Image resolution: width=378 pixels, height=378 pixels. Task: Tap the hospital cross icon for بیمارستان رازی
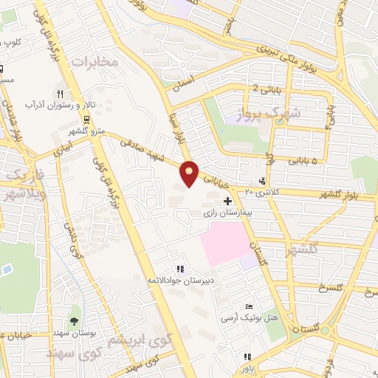227,201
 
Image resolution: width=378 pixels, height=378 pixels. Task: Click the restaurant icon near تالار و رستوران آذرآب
61,94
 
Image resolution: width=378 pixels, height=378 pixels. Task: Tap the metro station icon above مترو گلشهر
88,119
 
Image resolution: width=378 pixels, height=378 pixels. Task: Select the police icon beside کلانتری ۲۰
264,181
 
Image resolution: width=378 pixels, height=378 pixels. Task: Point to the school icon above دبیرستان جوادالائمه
179,269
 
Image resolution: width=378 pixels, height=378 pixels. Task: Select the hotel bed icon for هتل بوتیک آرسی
250,306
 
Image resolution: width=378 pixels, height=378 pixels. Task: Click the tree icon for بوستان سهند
74,320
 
